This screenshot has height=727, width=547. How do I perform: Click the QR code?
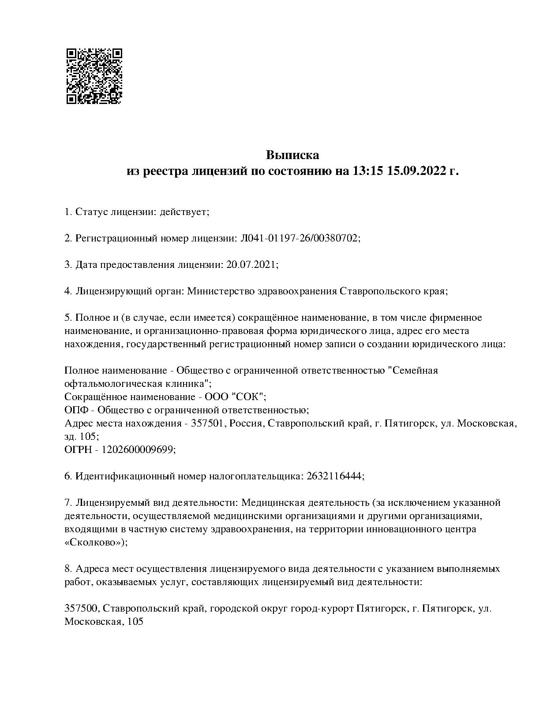94,76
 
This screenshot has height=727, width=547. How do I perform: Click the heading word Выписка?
292,155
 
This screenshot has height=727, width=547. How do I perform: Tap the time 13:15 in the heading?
367,171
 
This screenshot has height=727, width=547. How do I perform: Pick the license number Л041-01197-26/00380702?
300,238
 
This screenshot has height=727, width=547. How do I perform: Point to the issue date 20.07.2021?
252,265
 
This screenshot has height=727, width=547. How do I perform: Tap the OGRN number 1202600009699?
139,449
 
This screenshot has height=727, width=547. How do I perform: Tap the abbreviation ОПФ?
76,410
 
